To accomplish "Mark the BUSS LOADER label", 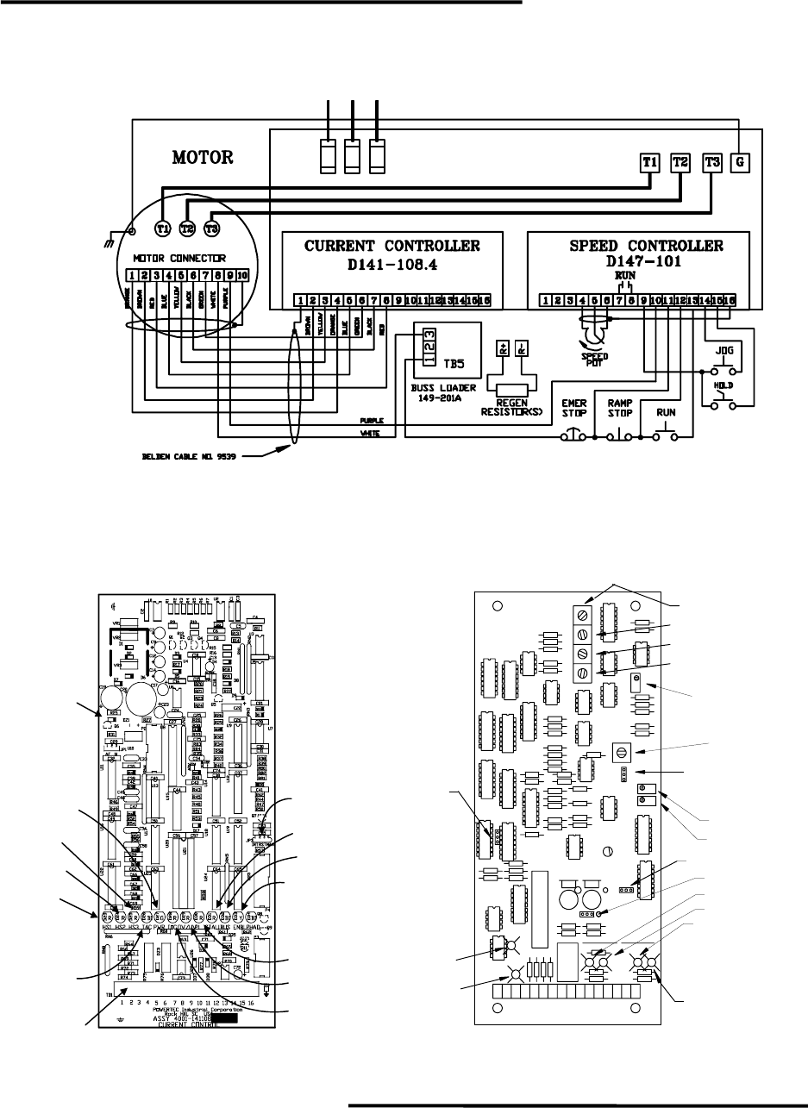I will point(444,389).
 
